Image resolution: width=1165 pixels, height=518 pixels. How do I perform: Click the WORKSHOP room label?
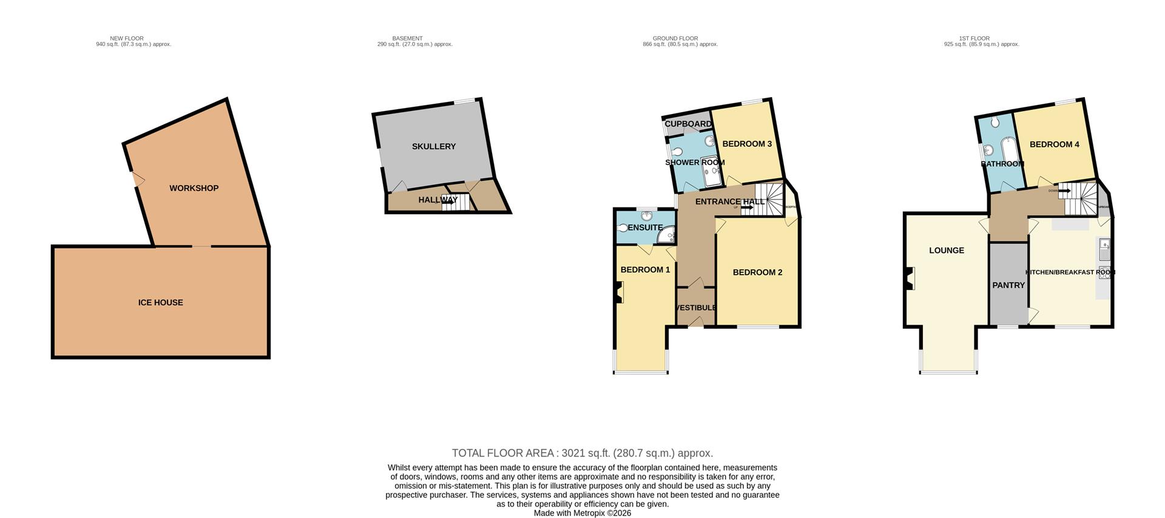194,188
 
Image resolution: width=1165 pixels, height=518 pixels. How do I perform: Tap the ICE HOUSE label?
160,303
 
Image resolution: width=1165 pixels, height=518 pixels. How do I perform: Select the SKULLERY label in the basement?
433,147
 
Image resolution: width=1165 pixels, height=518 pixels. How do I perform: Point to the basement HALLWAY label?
437,200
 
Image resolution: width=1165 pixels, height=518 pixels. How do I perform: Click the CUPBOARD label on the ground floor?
688,124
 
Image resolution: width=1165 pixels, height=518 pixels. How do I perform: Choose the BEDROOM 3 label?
747,144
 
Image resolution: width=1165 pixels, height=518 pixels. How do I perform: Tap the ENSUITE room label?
645,228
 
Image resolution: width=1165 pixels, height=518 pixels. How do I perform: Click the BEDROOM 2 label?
757,272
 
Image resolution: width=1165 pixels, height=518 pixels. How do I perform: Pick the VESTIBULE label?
696,308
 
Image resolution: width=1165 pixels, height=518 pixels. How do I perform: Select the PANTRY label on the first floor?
1008,285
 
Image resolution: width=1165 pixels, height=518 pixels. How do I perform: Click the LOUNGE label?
946,251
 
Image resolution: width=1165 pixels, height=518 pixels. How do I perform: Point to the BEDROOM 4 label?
1055,144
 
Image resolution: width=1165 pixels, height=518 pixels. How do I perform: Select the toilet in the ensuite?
623,229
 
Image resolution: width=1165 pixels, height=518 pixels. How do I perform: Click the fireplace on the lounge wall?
910,279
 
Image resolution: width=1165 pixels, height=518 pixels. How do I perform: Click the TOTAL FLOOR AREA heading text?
582,453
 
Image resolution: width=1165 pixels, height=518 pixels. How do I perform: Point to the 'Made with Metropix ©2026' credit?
582,513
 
